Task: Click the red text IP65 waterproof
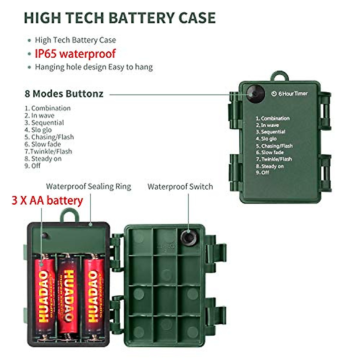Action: (x=75, y=54)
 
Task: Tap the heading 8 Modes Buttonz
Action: (x=64, y=94)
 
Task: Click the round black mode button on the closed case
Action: (x=255, y=93)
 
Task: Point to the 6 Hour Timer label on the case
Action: (x=290, y=94)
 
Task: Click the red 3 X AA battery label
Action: (x=47, y=200)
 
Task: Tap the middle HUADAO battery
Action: (x=68, y=294)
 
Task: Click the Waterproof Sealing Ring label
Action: (x=88, y=187)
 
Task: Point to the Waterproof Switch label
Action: (x=180, y=187)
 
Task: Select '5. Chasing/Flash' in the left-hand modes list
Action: (x=49, y=137)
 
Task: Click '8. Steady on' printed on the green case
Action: (x=270, y=166)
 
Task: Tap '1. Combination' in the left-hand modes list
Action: (x=48, y=108)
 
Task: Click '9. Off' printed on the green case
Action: (x=262, y=173)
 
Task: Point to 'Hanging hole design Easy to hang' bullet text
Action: (x=94, y=67)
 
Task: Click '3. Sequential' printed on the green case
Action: (x=271, y=132)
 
